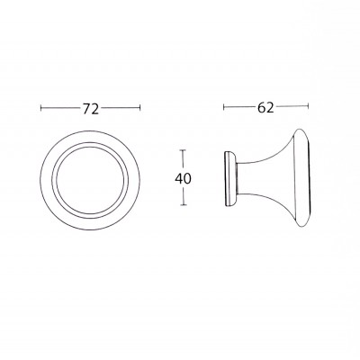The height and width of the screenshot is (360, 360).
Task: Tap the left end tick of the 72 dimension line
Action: click(x=41, y=109)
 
